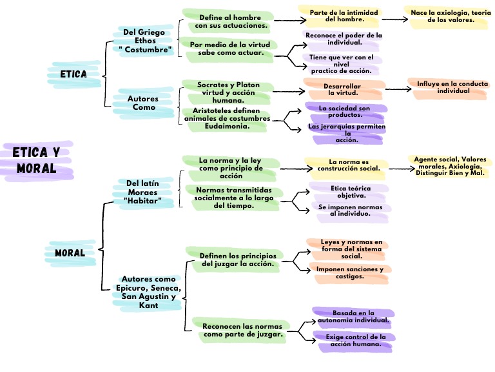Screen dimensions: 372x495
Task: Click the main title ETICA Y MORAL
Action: (37, 161)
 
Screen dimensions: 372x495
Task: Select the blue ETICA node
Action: (73, 74)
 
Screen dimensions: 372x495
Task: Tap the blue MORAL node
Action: (70, 253)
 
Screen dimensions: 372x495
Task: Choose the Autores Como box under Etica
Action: (143, 103)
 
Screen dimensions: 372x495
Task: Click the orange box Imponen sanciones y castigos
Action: (349, 273)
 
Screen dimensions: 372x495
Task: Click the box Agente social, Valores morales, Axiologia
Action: (451, 167)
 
